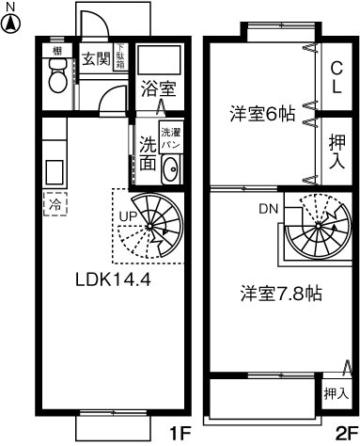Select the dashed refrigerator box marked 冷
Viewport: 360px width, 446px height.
point(54,202)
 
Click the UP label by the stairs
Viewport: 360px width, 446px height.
point(127,218)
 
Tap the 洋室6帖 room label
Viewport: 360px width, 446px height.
point(263,115)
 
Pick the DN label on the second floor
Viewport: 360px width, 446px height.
point(268,209)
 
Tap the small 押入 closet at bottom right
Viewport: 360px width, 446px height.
point(336,392)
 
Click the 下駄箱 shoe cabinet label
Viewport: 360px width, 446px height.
point(120,56)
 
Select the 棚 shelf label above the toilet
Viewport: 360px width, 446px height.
point(57,49)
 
